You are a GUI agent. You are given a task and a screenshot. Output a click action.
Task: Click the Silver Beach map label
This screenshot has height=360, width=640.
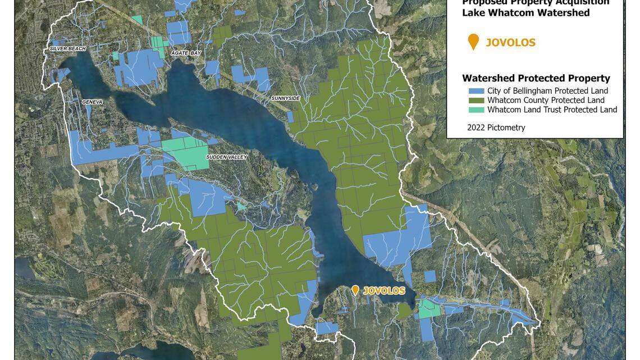pos(68,49)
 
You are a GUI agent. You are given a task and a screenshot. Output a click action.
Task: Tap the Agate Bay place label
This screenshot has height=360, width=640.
pos(186,53)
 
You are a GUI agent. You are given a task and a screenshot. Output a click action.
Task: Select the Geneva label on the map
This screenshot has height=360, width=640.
pos(92,102)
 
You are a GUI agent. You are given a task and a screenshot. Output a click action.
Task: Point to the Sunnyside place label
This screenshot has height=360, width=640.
pos(286,98)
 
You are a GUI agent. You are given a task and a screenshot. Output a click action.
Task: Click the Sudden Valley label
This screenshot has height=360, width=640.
pos(226,157)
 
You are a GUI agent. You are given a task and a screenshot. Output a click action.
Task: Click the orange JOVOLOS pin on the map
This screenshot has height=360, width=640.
pos(355,290)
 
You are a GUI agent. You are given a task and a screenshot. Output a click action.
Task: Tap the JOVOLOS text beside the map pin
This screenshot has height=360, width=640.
pos(384,291)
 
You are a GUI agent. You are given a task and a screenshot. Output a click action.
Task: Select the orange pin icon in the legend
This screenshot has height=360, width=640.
pos(473,42)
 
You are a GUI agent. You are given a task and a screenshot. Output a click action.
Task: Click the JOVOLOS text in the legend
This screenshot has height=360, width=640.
pos(510,43)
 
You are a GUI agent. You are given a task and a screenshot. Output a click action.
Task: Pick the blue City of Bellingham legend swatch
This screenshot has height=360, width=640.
pos(476,91)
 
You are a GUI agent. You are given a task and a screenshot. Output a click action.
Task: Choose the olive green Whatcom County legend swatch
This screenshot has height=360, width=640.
pos(476,101)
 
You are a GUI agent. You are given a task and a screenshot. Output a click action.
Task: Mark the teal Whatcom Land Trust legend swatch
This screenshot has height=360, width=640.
pos(476,110)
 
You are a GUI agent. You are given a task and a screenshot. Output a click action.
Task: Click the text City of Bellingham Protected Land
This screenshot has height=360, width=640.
pos(547,91)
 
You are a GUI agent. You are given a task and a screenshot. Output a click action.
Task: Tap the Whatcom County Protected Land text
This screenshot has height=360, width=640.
pos(546,101)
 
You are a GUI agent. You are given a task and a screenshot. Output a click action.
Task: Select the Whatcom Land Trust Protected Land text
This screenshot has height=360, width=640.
pos(552,110)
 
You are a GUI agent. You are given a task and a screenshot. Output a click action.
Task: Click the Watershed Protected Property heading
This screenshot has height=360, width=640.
pos(536,79)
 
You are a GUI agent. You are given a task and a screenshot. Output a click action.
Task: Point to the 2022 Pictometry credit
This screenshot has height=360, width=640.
pos(496,127)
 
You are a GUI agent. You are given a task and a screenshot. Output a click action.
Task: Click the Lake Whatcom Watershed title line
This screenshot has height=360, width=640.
pos(525,13)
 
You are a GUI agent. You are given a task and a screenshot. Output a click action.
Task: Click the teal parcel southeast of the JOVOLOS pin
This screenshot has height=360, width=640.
pos(429,308)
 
